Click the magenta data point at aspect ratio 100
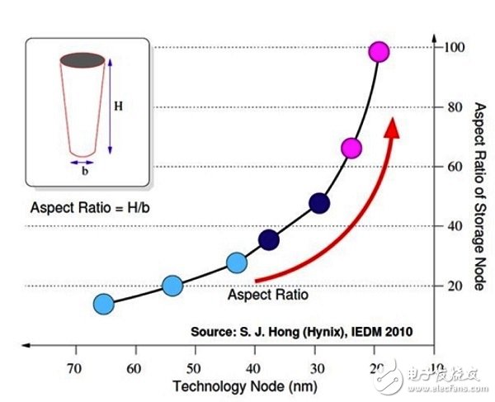click(379, 52)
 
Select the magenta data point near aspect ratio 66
click(351, 149)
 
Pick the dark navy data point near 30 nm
click(319, 203)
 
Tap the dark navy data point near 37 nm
click(268, 240)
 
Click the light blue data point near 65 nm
click(103, 304)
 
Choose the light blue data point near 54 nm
click(172, 286)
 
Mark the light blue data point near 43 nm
click(237, 262)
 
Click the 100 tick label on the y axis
click(452, 47)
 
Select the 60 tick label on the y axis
click(453, 167)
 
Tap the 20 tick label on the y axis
click(453, 286)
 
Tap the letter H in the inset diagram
click(119, 106)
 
